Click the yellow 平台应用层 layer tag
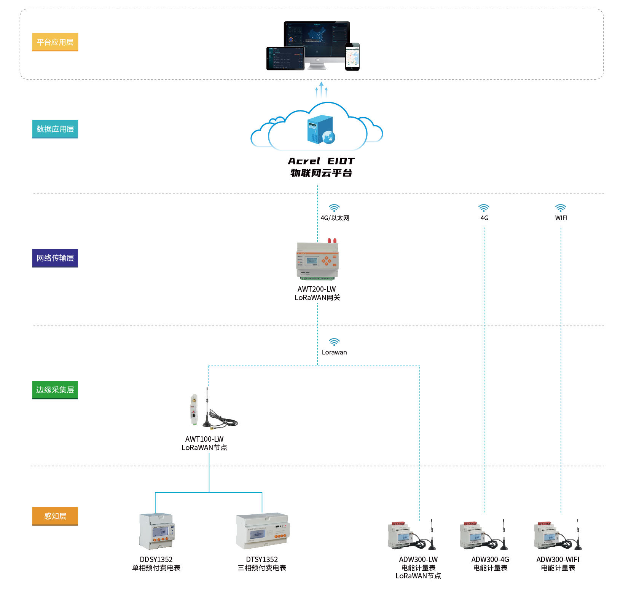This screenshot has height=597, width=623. coord(55,42)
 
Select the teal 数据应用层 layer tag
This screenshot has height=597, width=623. coord(55,129)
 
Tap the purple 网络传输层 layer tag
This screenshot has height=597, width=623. coord(55,258)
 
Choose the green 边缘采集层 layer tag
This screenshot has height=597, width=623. coord(55,389)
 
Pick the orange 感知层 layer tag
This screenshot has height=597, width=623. coord(55,516)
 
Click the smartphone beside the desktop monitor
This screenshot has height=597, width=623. coord(352,57)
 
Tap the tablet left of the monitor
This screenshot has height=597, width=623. coord(285,58)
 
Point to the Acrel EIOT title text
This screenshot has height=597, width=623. coord(321,161)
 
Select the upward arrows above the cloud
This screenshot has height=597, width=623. coord(321,90)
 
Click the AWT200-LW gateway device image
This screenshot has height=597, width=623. coord(317,260)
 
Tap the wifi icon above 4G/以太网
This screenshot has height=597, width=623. coord(334,208)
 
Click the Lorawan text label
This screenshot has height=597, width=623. coord(334,352)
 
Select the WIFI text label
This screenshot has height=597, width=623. coord(561,218)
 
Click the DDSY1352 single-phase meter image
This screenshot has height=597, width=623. coord(157,531)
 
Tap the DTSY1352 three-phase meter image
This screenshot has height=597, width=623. coord(262,531)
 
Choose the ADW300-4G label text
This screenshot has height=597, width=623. coord(490,559)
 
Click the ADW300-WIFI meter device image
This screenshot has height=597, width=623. coord(558,536)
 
